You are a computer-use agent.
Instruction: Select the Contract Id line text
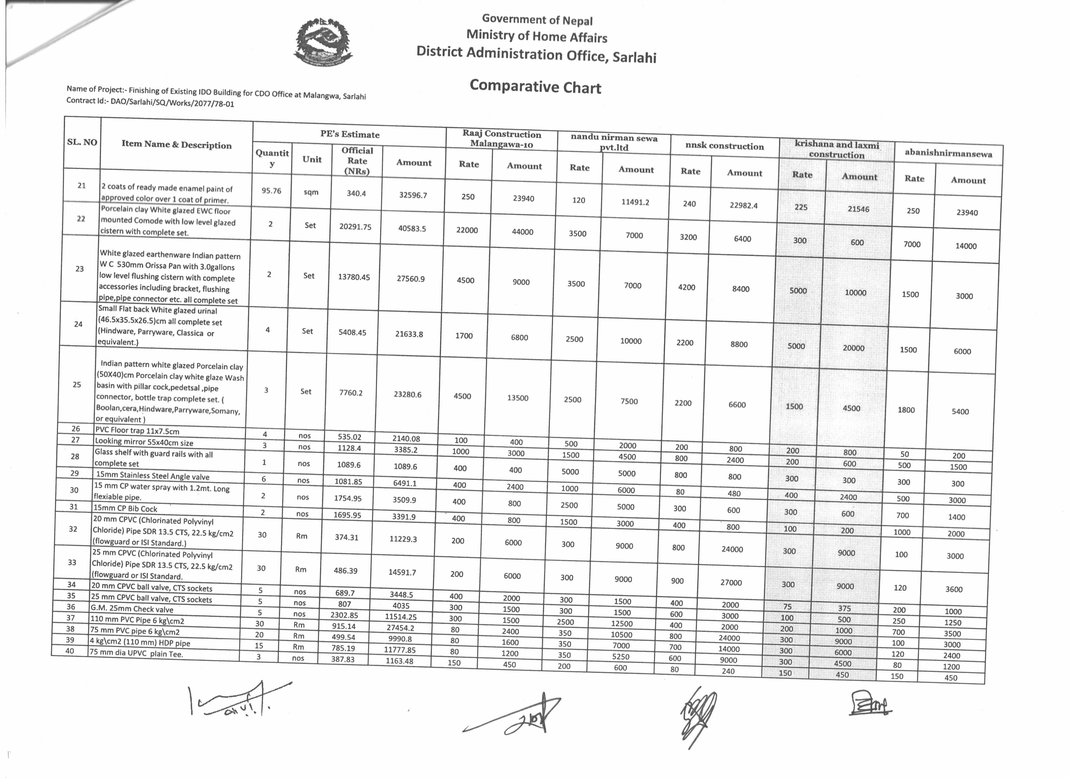(150, 103)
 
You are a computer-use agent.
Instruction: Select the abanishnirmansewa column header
(948, 153)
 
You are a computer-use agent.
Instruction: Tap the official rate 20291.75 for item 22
(355, 226)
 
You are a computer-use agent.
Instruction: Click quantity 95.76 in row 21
(271, 191)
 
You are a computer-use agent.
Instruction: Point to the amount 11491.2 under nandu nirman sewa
(635, 202)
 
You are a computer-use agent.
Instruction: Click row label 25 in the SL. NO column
(77, 384)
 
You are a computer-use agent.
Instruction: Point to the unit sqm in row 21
(311, 192)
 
